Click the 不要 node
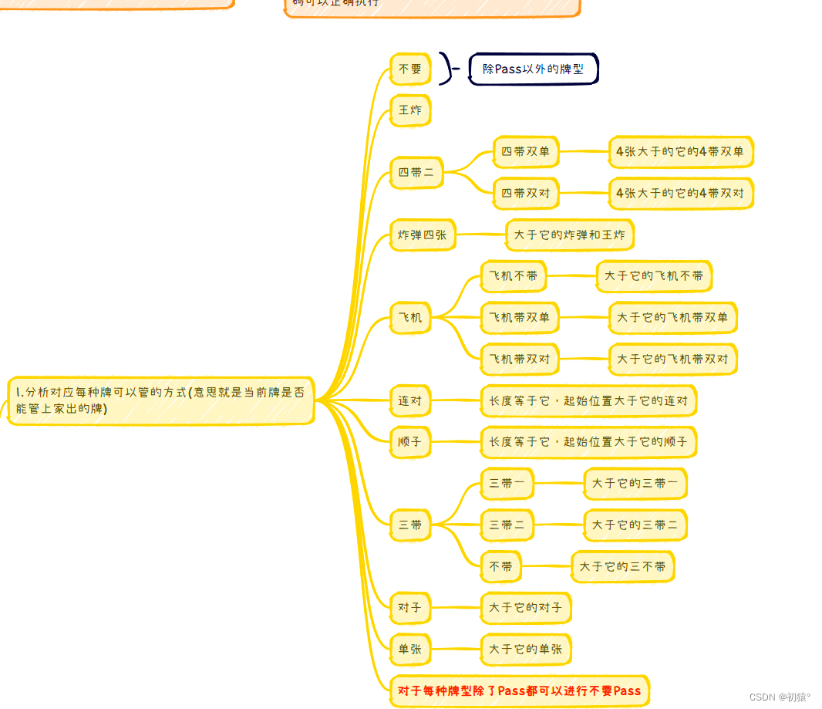(410, 69)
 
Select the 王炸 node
(410, 110)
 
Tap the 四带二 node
(416, 173)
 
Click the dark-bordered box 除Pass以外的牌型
(533, 69)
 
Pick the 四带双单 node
(526, 152)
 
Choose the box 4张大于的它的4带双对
(680, 194)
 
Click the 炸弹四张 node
(423, 235)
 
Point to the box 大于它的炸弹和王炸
(570, 235)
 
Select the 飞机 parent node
(410, 317)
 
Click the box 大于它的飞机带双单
(672, 317)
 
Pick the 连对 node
(410, 400)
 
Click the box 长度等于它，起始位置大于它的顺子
(588, 442)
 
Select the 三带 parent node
(410, 525)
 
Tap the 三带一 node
(507, 483)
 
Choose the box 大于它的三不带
(623, 566)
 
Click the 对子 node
(410, 608)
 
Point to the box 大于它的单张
(526, 650)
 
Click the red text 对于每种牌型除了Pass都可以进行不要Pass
(520, 690)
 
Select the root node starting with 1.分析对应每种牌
(160, 400)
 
